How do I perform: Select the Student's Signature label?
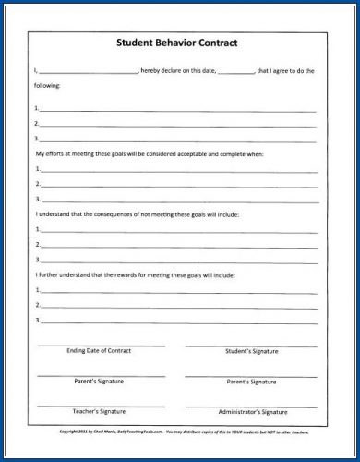tap(251, 352)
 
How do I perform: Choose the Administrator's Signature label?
tap(251, 409)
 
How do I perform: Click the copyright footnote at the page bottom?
tap(180, 432)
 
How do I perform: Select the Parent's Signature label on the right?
tap(251, 381)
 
